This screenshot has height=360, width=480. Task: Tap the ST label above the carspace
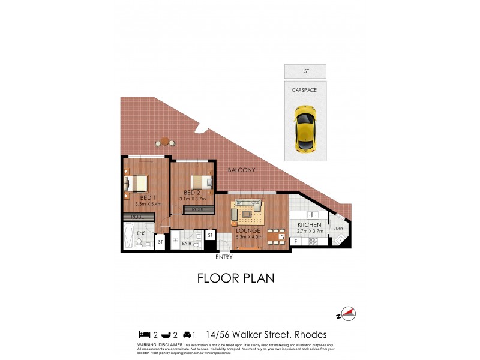point(305,71)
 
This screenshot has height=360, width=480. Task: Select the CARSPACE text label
point(305,90)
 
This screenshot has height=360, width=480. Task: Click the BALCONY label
point(242,170)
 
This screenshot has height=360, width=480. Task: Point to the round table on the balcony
point(165,142)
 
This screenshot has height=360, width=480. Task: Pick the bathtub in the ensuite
point(129,237)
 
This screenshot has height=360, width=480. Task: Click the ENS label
point(142,233)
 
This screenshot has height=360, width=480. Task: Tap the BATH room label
point(187,244)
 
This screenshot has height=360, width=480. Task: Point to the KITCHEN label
point(309,225)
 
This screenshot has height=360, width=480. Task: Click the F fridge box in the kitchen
point(296,241)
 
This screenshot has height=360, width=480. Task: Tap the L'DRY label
point(337,228)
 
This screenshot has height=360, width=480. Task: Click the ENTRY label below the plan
point(223,257)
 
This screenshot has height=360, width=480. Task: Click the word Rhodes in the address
point(309,334)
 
